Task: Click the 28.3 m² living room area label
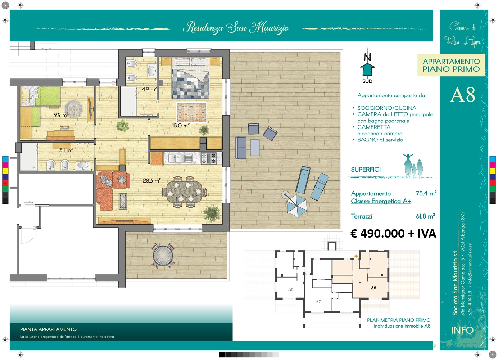click(x=151, y=180)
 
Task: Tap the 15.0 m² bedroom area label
click(x=181, y=126)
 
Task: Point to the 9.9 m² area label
click(x=61, y=115)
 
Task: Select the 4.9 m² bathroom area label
click(x=149, y=89)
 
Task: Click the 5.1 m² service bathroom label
click(x=66, y=150)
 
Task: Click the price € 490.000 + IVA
click(x=393, y=233)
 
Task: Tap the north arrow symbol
click(x=367, y=66)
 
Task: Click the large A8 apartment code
click(x=463, y=95)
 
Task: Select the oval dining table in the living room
click(x=184, y=192)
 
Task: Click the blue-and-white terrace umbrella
click(x=296, y=205)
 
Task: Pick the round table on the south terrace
click(x=163, y=256)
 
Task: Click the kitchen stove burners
click(x=209, y=158)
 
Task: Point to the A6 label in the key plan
click(x=291, y=289)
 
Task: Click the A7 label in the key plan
click(x=318, y=302)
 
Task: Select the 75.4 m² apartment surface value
click(x=426, y=193)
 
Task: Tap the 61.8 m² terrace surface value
click(x=425, y=216)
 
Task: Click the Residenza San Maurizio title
click(x=236, y=28)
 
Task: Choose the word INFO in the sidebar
click(x=462, y=330)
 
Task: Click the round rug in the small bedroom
click(x=74, y=109)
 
